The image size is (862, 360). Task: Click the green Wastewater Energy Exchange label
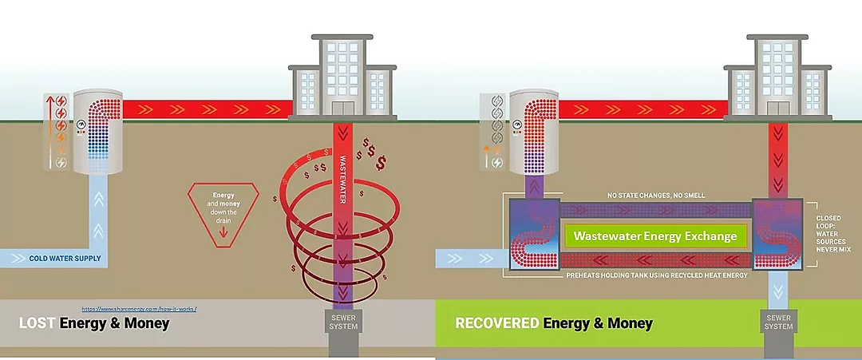[655, 236]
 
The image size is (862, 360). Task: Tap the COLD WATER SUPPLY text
[64, 259]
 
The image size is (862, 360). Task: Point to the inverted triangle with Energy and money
[224, 209]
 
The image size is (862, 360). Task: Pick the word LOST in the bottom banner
[38, 323]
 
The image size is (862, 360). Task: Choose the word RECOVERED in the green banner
[497, 323]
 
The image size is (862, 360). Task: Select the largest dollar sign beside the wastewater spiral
[383, 163]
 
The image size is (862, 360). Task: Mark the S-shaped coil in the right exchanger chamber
[777, 236]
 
